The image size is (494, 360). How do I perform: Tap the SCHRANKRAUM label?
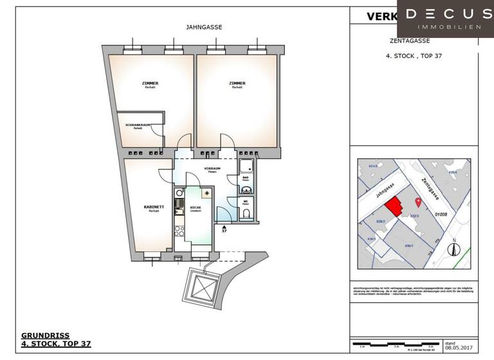click(138, 126)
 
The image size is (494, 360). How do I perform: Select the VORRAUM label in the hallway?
click(212, 170)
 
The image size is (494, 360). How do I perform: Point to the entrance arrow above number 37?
click(224, 227)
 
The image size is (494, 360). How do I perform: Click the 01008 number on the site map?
click(441, 214)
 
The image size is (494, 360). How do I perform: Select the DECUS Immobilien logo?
click(445, 18)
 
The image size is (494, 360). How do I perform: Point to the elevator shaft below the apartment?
click(199, 283)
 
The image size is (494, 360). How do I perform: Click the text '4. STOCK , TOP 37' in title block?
click(414, 56)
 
